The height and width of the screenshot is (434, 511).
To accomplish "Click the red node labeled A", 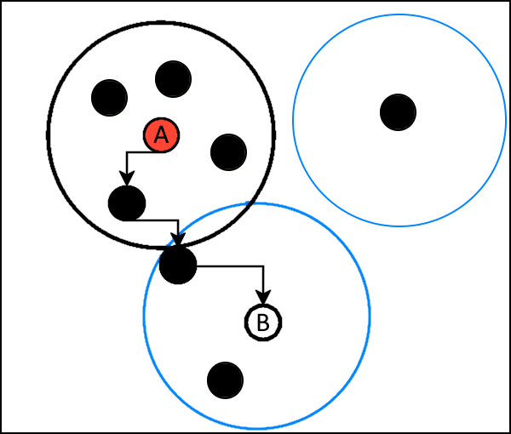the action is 161,135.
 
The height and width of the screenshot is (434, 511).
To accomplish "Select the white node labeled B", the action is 263,323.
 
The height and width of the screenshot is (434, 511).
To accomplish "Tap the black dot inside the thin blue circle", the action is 398,112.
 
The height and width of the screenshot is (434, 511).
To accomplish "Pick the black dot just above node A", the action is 173,79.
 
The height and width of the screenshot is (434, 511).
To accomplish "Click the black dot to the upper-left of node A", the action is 109,98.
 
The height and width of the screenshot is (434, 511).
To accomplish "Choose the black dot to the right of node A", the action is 228,152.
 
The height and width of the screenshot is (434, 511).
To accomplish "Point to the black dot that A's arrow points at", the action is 127,203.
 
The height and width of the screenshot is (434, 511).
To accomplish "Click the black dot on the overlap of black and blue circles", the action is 178,266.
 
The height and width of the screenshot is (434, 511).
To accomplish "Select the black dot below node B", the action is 225,380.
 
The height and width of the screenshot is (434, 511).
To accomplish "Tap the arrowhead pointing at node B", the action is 263,297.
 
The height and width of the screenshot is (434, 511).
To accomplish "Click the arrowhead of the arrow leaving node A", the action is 127,179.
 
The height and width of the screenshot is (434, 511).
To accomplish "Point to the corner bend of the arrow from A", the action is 127,152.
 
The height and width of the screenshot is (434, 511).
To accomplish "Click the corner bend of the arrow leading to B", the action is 263,266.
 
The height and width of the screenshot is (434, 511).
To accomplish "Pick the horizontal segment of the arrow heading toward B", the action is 230,266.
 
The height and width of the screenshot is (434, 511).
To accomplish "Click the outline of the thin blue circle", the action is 293,121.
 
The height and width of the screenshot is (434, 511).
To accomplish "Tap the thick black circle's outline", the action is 48,135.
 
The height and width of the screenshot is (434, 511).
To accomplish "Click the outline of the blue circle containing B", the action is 370,315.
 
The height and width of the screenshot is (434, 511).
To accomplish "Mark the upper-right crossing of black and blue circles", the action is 250,204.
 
